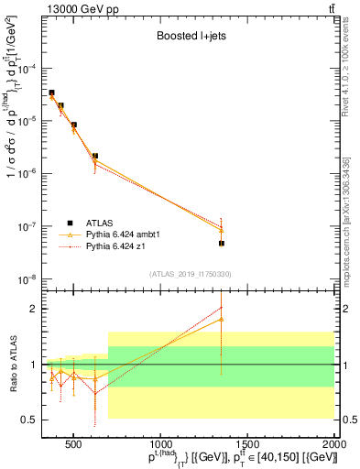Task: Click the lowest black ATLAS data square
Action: [x=222, y=244]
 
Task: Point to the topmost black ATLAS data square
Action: [x=51, y=93]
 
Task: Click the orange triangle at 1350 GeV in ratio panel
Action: [x=222, y=319]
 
